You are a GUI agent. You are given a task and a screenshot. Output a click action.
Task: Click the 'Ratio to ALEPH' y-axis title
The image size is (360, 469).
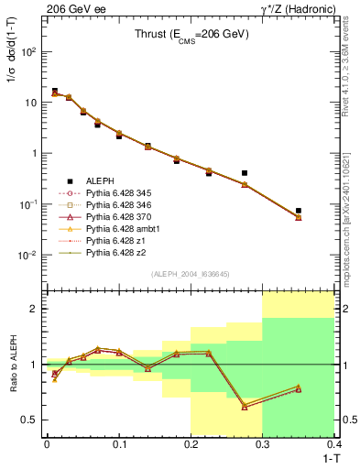12,363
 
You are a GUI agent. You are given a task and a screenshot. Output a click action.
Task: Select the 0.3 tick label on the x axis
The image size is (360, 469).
263,442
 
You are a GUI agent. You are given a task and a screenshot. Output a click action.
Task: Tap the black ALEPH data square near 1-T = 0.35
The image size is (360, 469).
299,211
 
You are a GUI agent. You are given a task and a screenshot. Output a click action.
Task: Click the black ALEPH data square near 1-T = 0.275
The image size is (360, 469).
245,172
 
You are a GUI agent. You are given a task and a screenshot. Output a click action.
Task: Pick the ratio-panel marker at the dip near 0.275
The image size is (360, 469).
245,406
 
